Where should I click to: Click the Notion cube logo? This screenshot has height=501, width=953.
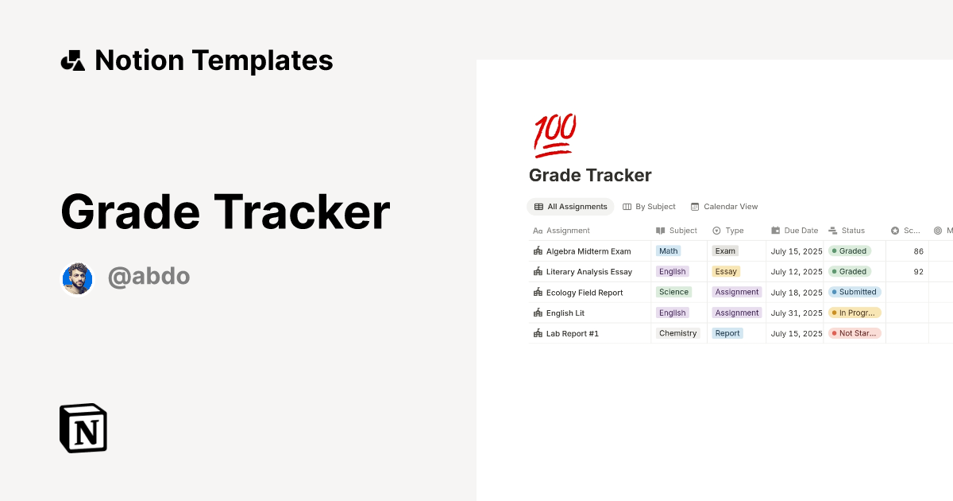coord(83,428)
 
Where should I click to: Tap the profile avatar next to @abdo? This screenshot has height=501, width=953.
coord(77,278)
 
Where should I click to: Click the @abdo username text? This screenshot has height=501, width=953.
coord(149,277)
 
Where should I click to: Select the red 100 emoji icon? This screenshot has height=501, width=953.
coord(554,135)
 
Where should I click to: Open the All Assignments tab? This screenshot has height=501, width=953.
coord(570,207)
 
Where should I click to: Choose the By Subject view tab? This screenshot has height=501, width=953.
coord(649,207)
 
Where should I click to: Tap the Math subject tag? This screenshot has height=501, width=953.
coord(669,251)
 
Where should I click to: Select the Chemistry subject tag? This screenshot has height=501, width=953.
coord(678,334)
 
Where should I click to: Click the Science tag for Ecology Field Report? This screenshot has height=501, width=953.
coord(673,293)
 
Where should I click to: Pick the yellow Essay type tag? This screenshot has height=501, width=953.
coord(726,272)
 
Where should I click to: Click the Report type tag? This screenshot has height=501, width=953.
coord(727,334)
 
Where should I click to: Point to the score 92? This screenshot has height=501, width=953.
coord(918,272)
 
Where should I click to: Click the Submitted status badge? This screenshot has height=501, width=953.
coord(855,293)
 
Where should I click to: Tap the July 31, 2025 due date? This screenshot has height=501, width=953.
coord(797,313)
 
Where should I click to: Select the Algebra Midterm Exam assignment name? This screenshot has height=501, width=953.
coord(588,251)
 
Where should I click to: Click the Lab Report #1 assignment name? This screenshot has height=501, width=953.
coord(572,334)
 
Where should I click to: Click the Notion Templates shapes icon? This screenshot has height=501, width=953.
coord(73,60)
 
